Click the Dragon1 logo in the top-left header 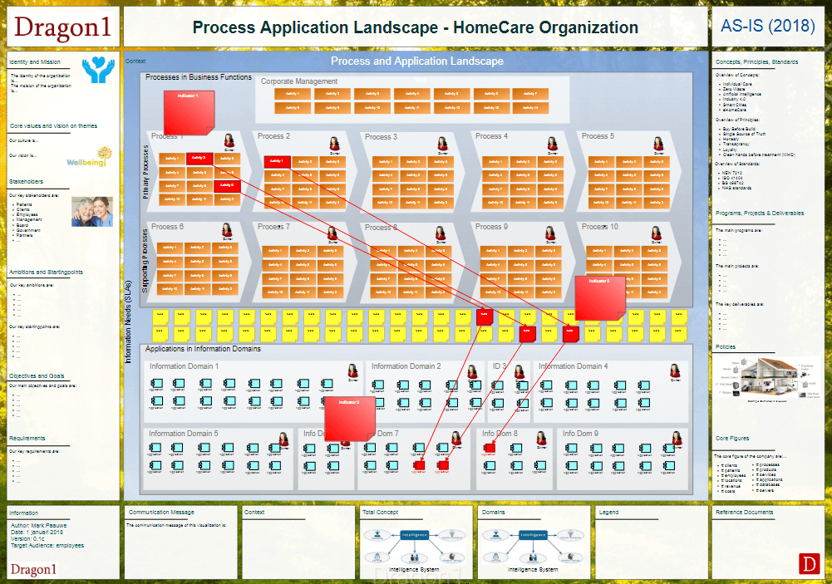[62, 27]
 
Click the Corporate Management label [299, 81]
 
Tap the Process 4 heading [491, 136]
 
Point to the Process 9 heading [491, 227]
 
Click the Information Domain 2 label [406, 366]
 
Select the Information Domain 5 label [183, 433]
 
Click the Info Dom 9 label [580, 433]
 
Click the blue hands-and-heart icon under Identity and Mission [98, 71]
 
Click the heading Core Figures [732, 438]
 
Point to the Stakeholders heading [26, 181]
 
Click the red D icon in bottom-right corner [809, 563]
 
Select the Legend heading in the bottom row [608, 512]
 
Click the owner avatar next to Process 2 [334, 143]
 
